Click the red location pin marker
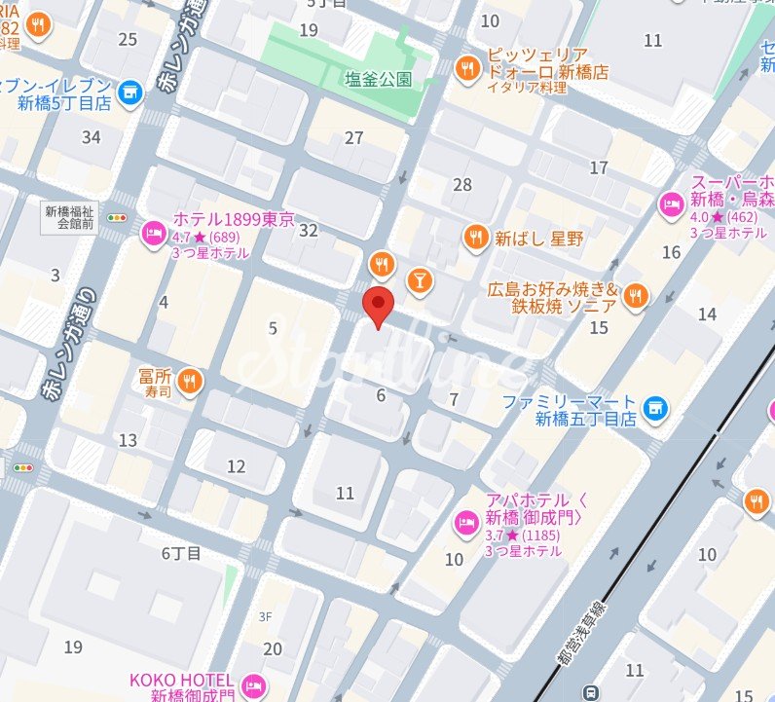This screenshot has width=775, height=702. tap(378, 304)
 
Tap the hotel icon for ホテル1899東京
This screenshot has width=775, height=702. tap(153, 234)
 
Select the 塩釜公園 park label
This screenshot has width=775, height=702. tap(378, 79)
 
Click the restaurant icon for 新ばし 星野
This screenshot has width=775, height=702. tap(475, 238)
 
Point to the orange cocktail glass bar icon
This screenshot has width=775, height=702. tap(420, 279)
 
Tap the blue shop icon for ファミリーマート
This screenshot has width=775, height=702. tap(656, 406)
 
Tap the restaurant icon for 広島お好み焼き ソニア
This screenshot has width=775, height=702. tap(637, 296)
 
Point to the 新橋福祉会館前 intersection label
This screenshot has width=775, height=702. tap(69, 216)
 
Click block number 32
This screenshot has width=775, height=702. tap(310, 230)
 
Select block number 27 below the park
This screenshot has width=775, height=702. tap(354, 138)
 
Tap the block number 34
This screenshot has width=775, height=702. tap(92, 137)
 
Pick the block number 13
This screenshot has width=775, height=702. tap(128, 440)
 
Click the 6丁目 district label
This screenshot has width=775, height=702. tap(181, 553)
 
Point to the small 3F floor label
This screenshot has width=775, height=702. tap(265, 616)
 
